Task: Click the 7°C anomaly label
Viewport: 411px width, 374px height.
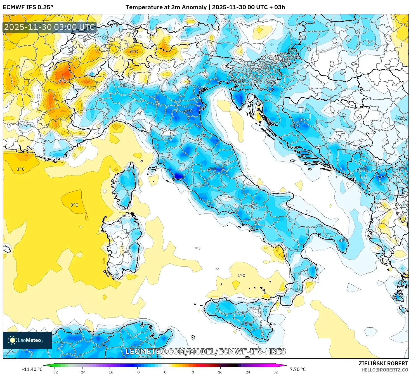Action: [x=62, y=81]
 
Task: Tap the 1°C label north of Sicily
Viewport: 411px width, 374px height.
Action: [x=241, y=275]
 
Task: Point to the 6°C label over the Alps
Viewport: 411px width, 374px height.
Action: [x=134, y=51]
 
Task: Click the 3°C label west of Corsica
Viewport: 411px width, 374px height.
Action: [x=74, y=205]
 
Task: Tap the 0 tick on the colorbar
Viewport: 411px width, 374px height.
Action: [x=165, y=372]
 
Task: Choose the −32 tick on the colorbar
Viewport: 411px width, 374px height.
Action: [x=55, y=372]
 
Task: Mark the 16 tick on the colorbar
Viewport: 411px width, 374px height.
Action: [x=220, y=372]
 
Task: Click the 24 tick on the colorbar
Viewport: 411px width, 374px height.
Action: [x=248, y=372]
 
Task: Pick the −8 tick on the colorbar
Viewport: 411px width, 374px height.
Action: [x=137, y=372]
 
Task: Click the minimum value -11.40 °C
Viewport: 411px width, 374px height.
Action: [x=32, y=369]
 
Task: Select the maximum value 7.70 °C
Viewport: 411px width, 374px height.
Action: [x=297, y=369]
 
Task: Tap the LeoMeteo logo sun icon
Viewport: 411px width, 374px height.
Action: [x=12, y=340]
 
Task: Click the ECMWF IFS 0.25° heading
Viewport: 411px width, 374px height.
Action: [x=28, y=7]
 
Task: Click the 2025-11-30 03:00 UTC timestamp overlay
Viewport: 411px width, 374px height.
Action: [x=50, y=27]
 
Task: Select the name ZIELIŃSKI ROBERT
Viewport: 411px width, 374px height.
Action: [x=383, y=363]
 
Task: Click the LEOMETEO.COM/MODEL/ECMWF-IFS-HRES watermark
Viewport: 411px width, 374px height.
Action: [x=206, y=351]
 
